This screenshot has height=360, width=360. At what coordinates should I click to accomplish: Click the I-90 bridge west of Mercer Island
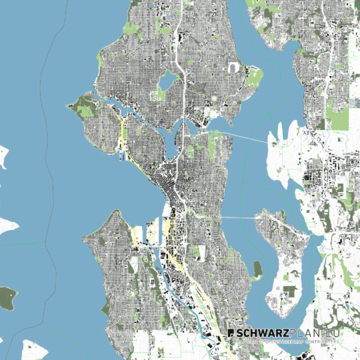pyautogui.click(x=237, y=217)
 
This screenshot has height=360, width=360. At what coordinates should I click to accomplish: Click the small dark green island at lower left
pyautogui.click(x=7, y=297)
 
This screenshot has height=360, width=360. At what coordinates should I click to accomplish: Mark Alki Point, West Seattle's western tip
pyautogui.click(x=83, y=237)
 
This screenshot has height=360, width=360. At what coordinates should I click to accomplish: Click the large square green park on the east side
pyautogui.click(x=339, y=118)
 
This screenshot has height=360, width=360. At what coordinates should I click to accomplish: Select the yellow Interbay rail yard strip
pyautogui.click(x=124, y=137)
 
